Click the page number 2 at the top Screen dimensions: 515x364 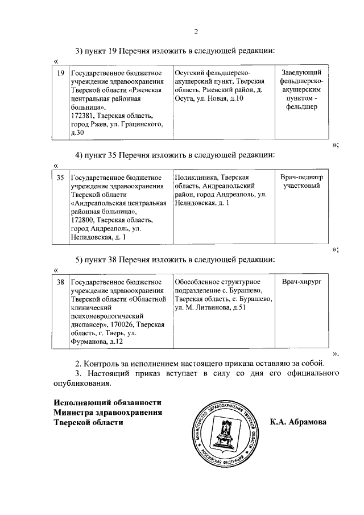tap(195, 31)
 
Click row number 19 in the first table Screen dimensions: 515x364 tap(60, 72)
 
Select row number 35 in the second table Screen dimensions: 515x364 tap(60, 178)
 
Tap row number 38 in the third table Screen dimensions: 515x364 tap(60, 282)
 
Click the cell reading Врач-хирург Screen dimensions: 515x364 tap(301, 282)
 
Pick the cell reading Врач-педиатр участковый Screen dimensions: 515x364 tap(301, 182)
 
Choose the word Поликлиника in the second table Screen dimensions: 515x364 tap(196, 178)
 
